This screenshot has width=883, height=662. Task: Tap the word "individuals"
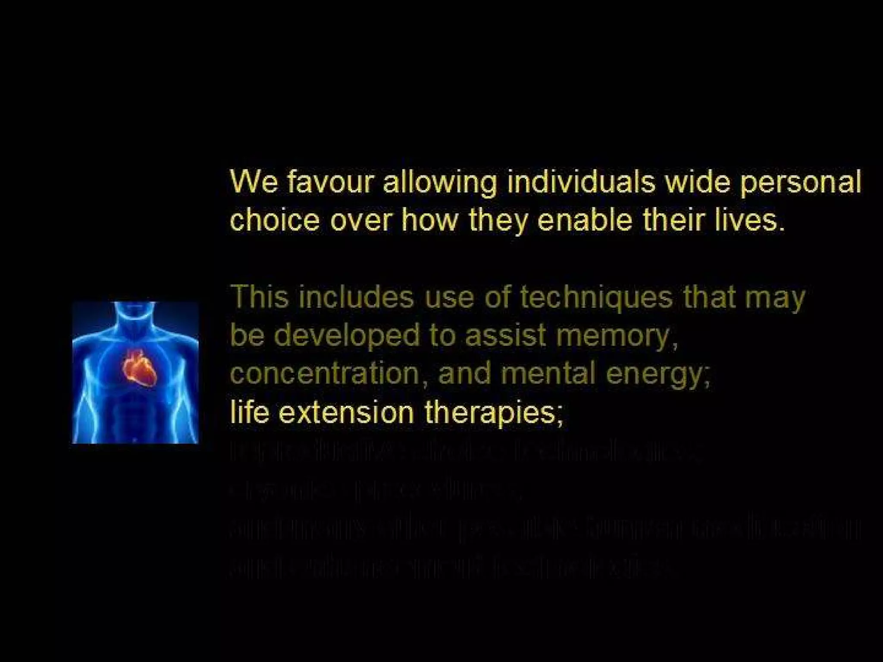click(x=580, y=182)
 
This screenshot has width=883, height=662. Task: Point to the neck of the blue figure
click(x=137, y=317)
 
